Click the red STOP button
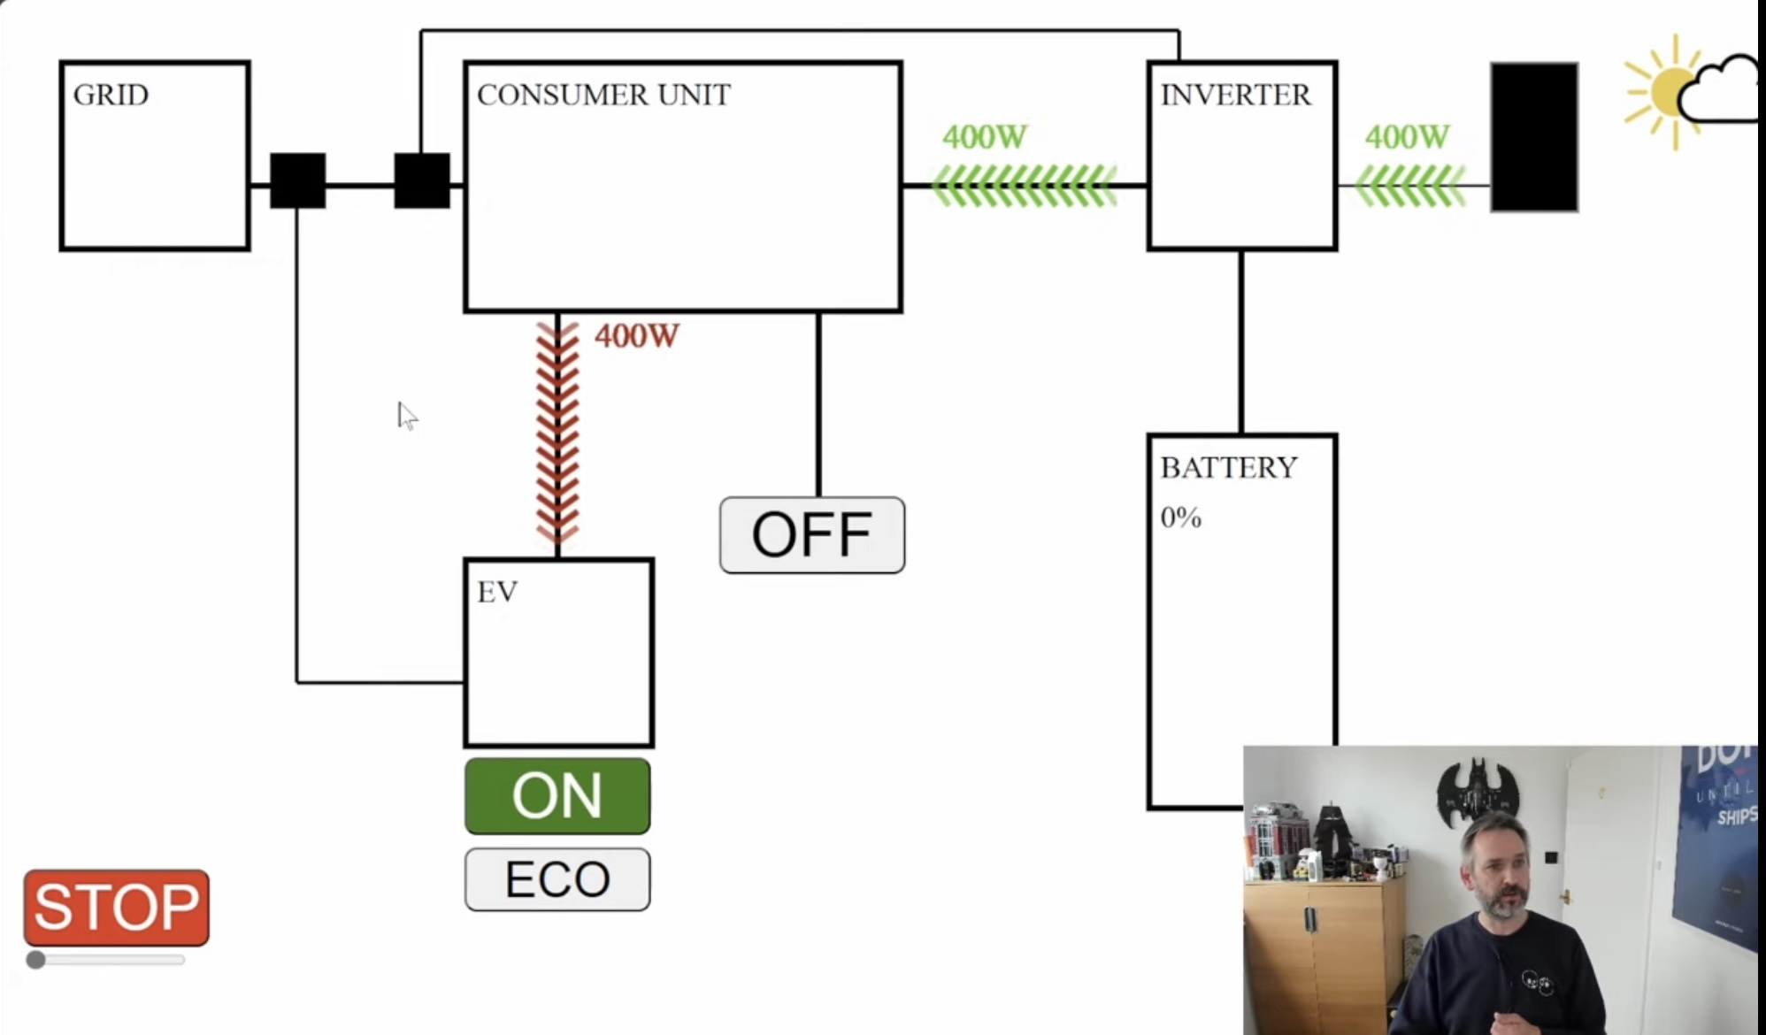click(117, 907)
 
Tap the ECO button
click(557, 878)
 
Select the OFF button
click(812, 535)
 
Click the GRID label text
click(111, 95)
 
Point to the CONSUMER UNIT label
click(603, 95)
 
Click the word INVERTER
click(1235, 95)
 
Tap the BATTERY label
click(1228, 467)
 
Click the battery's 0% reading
click(1180, 517)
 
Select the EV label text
click(497, 592)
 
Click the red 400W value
click(636, 336)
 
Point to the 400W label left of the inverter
click(984, 137)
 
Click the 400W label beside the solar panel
click(1407, 137)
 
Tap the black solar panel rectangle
click(1534, 137)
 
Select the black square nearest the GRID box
click(297, 180)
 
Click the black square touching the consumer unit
click(422, 180)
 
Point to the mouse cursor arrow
click(405, 415)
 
